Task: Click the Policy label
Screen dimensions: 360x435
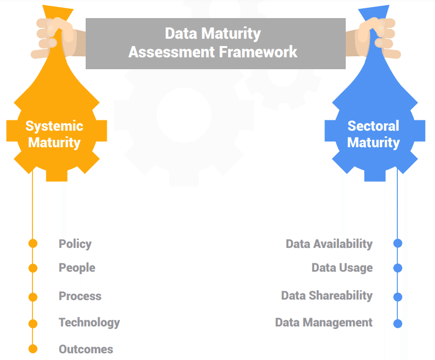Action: point(75,244)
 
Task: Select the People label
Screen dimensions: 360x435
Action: point(77,268)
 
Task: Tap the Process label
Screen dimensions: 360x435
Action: point(80,296)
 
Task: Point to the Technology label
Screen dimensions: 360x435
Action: point(89,322)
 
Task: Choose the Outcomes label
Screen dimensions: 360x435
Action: point(86,349)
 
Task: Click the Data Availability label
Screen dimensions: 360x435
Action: point(329,244)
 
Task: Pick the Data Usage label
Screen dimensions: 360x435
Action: point(342,268)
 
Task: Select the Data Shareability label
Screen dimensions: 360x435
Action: point(327,295)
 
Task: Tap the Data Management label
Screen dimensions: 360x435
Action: point(324,322)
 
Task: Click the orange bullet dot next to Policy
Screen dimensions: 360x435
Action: point(33,243)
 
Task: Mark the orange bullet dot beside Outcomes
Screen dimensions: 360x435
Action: point(33,349)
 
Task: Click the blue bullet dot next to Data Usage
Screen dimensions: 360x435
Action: point(397,268)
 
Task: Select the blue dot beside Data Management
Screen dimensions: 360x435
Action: point(397,324)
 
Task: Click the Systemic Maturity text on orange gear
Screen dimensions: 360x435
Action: point(54,134)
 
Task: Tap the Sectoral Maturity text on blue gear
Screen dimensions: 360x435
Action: point(373,134)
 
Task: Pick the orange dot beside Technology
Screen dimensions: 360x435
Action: point(33,324)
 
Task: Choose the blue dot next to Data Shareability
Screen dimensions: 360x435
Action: point(397,297)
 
